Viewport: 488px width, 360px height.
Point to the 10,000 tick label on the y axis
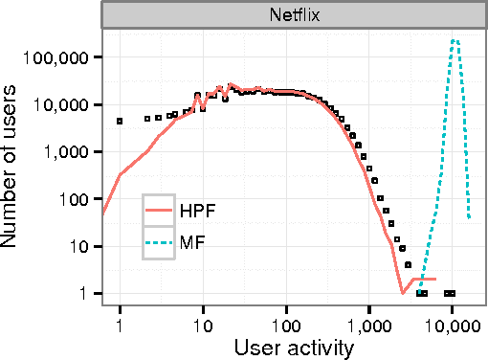[x=64, y=104]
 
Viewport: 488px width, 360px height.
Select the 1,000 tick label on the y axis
[x=69, y=152]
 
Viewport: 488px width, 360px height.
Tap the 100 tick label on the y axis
[x=77, y=199]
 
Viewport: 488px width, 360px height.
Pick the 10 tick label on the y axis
[x=80, y=246]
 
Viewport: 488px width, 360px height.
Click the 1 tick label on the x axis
[x=120, y=322]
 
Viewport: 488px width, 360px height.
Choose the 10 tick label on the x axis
[x=203, y=322]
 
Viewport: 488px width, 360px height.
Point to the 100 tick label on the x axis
[x=286, y=322]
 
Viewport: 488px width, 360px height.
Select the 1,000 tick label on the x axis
[x=368, y=322]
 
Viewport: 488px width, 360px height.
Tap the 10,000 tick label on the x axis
[x=452, y=322]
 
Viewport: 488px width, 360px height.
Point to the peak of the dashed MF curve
[x=455, y=40]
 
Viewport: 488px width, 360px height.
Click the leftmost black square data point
[x=120, y=122]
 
